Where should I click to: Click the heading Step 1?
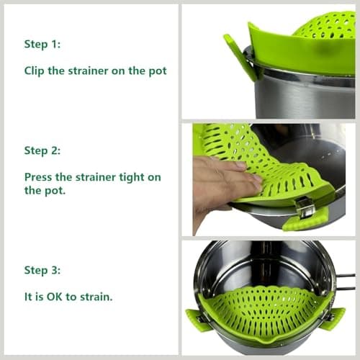click(x=42, y=45)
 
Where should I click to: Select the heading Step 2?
click(x=42, y=150)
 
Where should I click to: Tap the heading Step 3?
click(x=42, y=270)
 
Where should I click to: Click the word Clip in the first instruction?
click(x=35, y=71)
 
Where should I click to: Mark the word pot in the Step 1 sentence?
click(x=157, y=71)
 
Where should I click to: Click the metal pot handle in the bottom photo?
click(x=347, y=281)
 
